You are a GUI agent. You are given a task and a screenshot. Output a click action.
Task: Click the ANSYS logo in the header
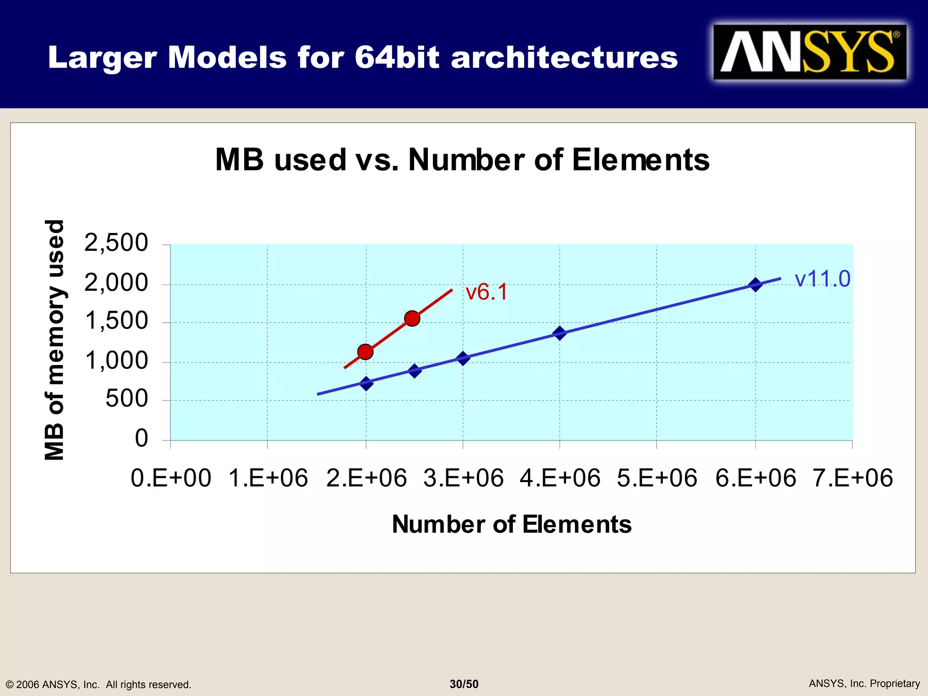coord(809,52)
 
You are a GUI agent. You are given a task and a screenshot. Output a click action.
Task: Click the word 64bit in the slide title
coord(396,58)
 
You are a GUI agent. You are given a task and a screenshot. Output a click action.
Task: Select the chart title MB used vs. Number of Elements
coord(462,160)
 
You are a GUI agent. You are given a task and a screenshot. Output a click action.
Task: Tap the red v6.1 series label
coord(486,292)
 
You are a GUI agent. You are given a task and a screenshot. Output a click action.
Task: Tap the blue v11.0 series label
coord(822,278)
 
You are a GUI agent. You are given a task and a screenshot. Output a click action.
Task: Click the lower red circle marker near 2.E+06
coord(365,352)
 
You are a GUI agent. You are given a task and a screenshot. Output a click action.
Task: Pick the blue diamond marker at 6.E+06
coord(755,285)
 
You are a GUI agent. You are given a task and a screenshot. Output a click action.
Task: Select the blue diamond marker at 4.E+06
coord(560,333)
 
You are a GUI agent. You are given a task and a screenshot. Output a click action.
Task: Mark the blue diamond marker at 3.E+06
coord(463,358)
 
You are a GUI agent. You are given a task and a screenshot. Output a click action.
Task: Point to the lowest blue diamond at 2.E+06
coord(366,383)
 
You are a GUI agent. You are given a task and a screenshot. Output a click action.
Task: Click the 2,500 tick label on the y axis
coord(116,243)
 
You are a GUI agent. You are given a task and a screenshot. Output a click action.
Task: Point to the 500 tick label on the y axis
coord(126,399)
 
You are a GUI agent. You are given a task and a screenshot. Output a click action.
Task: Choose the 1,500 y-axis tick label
coord(116,321)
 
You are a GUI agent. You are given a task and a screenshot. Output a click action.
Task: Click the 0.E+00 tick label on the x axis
coord(171,478)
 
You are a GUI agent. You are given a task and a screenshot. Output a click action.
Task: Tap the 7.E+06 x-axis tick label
coord(852,478)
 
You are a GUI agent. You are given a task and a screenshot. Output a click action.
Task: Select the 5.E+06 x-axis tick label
coord(657,478)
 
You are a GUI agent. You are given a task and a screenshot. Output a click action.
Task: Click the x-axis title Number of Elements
coord(511,525)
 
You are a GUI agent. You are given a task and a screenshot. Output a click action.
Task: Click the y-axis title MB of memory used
coord(55,340)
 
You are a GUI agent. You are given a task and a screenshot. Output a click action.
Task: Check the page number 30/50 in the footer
coord(464,684)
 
